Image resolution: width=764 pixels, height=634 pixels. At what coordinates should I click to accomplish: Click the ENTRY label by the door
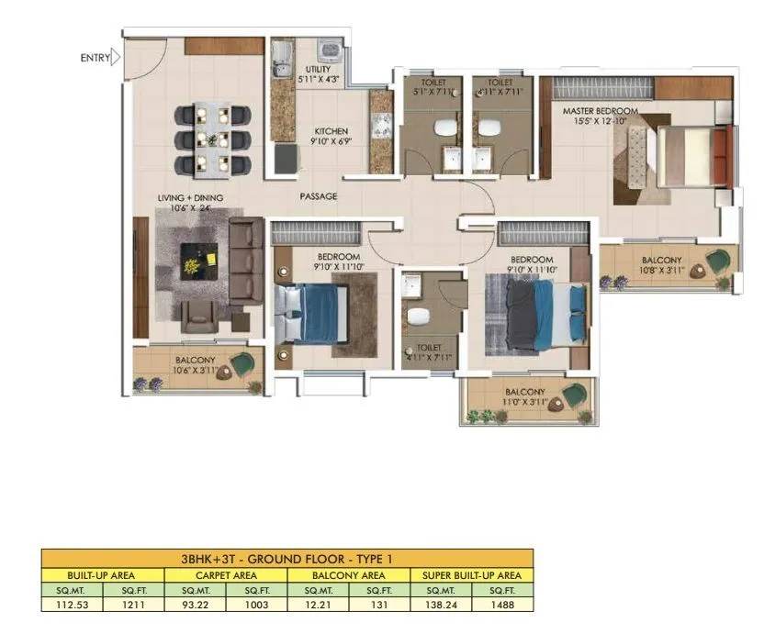click(x=95, y=58)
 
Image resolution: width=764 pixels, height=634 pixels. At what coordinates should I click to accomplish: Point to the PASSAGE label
click(x=319, y=196)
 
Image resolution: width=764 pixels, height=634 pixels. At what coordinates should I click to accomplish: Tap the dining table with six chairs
click(x=212, y=139)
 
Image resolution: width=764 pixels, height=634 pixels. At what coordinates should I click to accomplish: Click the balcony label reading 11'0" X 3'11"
click(x=523, y=396)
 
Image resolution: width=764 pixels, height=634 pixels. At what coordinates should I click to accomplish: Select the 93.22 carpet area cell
click(x=194, y=605)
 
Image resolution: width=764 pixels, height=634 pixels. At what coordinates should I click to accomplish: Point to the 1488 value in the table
click(x=502, y=605)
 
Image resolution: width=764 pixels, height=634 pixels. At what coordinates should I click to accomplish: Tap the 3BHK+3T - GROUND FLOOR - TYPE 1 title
click(x=287, y=558)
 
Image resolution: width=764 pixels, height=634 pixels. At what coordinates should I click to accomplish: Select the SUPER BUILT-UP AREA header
click(x=471, y=574)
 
